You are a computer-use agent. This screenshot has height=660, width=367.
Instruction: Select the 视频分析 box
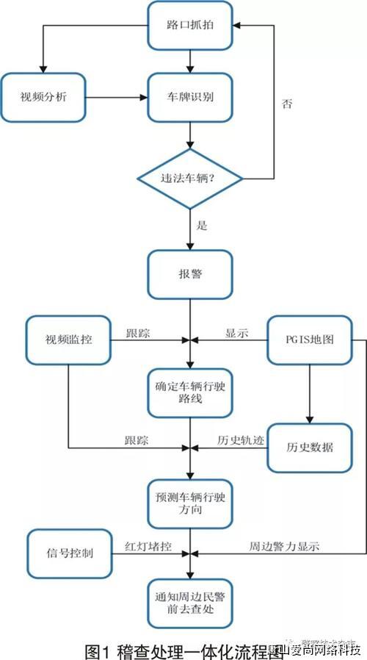43,96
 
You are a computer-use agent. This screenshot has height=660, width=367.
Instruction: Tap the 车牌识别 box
190,96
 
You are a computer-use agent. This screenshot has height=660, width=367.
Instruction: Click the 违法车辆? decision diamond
190,178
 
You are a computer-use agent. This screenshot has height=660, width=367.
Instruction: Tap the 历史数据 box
305,446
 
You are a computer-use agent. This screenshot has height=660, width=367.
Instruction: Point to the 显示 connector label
236,333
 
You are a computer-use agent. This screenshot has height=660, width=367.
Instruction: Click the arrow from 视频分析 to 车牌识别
117,96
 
